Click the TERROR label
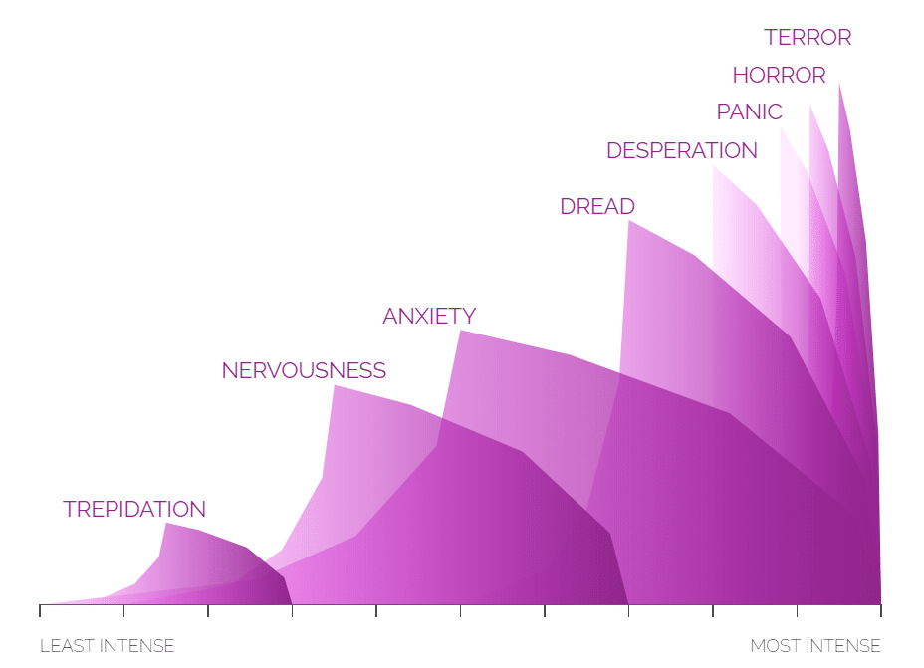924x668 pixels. pos(808,38)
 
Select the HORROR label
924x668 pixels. pos(779,76)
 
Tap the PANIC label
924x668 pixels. pos(749,112)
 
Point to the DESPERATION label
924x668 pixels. pos(681,151)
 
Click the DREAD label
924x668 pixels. pos(596,207)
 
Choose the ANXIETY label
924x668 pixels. pos(429,317)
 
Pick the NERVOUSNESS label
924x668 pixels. pos(304,371)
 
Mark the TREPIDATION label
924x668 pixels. pos(134,510)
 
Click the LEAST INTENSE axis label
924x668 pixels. pos(107,646)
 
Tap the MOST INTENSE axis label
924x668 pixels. pos(814,646)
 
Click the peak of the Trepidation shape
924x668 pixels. pos(166,523)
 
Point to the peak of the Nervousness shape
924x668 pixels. pos(334,385)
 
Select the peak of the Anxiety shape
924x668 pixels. pos(460,331)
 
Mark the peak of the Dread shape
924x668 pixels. pos(628,221)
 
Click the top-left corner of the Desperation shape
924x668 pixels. pos(714,167)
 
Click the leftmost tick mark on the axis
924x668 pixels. pos(40,609)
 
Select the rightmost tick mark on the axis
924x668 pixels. pos(880,609)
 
